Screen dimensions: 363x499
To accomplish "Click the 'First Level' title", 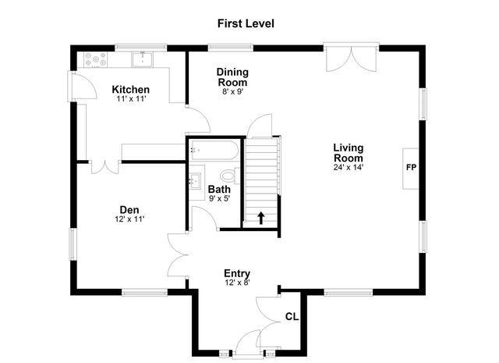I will point(246,23).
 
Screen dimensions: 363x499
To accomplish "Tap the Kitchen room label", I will point(130,89).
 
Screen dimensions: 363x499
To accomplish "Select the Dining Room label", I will point(232,77).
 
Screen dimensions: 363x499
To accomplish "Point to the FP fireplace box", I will point(410,168).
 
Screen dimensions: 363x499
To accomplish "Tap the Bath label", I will point(218,189).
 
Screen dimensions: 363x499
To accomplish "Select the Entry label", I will point(236,272).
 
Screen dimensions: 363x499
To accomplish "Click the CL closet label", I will point(292,316).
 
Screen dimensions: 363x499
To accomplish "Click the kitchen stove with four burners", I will point(96,59).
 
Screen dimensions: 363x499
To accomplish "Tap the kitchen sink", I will point(143,59).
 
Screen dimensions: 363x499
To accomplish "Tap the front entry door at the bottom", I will point(249,342).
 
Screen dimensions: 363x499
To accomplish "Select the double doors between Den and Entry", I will point(178,254).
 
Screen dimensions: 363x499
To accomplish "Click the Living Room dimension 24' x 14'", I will point(348,166).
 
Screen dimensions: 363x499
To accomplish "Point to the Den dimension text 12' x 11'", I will point(129,219).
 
